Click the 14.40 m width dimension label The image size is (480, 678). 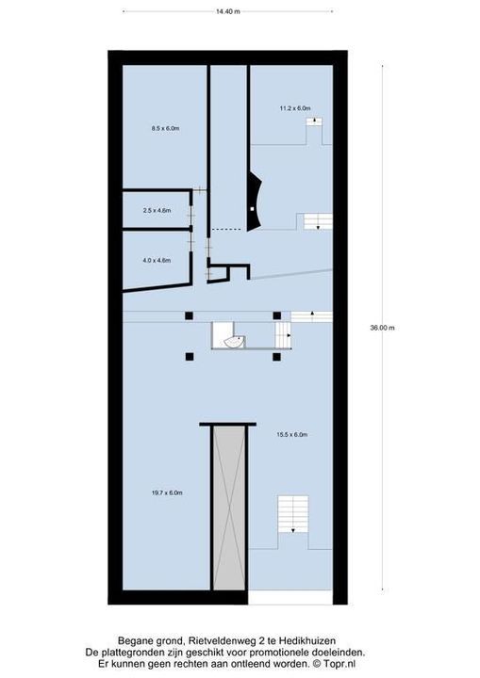(228, 11)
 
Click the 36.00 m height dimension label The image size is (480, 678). (382, 328)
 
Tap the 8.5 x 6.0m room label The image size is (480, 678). (165, 128)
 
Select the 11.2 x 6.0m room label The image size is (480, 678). (295, 108)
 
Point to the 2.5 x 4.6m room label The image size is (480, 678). (157, 211)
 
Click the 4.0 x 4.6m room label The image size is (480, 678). (157, 260)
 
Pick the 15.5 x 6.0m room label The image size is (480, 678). (292, 434)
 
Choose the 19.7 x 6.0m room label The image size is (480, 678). (167, 492)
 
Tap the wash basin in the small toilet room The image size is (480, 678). (234, 342)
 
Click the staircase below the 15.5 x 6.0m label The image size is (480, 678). (293, 514)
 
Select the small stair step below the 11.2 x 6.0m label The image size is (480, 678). (314, 121)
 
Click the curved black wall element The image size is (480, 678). (254, 202)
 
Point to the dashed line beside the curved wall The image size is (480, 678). (225, 229)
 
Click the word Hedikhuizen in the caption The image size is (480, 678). (307, 640)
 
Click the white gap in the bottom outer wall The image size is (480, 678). (290, 598)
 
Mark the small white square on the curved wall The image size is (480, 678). (252, 209)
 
